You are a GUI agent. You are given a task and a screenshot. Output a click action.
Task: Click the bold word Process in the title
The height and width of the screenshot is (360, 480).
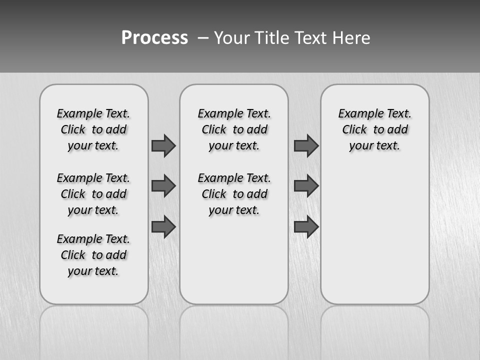pyautogui.click(x=154, y=37)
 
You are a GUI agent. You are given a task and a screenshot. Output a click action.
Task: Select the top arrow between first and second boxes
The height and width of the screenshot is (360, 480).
pyautogui.click(x=163, y=145)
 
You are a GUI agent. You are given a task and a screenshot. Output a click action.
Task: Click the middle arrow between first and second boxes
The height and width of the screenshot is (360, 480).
pyautogui.click(x=163, y=186)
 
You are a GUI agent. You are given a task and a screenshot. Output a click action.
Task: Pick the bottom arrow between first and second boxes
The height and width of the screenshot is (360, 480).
pyautogui.click(x=163, y=227)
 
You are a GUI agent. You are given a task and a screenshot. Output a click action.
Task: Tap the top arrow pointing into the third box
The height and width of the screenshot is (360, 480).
pyautogui.click(x=306, y=145)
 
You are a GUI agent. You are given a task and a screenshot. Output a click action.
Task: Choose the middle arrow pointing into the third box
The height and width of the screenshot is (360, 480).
pyautogui.click(x=306, y=186)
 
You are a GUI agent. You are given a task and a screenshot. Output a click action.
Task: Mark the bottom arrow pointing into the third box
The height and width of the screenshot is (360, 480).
pyautogui.click(x=306, y=227)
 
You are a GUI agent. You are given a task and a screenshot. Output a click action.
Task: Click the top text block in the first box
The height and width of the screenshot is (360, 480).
pyautogui.click(x=93, y=129)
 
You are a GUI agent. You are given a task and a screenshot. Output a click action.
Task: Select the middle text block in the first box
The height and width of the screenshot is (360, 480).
pyautogui.click(x=93, y=194)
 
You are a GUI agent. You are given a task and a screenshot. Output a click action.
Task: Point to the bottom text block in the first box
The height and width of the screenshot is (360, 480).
pyautogui.click(x=93, y=255)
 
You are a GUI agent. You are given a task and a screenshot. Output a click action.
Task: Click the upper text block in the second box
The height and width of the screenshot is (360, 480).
pyautogui.click(x=234, y=129)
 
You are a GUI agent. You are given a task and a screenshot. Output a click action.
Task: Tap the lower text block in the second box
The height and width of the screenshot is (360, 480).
pyautogui.click(x=234, y=194)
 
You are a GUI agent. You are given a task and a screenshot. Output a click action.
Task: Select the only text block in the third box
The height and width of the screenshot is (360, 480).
pyautogui.click(x=374, y=129)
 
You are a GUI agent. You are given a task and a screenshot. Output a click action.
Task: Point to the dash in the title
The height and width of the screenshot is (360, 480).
pyautogui.click(x=203, y=38)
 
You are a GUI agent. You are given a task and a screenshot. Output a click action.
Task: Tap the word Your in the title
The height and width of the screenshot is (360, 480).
pyautogui.click(x=232, y=38)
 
